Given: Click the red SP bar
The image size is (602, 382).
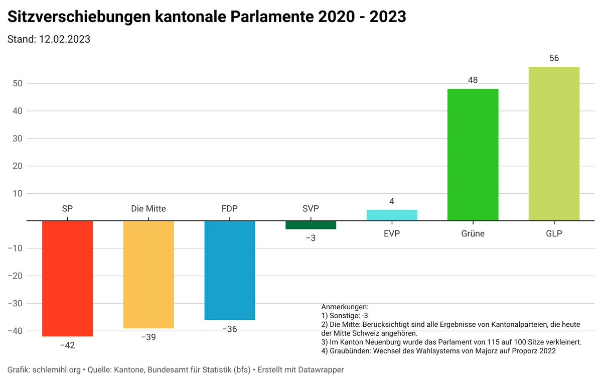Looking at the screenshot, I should pos(67,279).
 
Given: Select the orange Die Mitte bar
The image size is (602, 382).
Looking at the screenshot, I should pos(148,275).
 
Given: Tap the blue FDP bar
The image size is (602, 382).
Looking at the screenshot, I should pos(230,270).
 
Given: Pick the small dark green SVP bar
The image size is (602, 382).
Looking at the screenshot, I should pos(311,225).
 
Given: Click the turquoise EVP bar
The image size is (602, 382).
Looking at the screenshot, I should pos(392,215).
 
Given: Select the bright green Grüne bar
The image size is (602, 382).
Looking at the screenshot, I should pos(473,155).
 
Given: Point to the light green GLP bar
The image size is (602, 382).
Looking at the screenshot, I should pos(554,144).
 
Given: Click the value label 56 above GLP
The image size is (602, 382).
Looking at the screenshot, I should pos(554,58).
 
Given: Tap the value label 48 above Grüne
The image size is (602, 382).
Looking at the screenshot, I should pos(473,80).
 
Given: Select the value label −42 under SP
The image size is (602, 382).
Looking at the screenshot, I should pos(67,345).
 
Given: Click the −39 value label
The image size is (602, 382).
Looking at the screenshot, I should pos(148,337).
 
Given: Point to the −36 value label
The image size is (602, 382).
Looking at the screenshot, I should pos(230,329).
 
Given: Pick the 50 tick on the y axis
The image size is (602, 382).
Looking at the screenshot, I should pos(18,83).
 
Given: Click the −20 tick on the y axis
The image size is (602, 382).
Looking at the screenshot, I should pos(16,276).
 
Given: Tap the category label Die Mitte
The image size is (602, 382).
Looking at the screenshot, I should pos(148,209).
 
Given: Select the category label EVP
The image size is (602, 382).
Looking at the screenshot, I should pos(392,233).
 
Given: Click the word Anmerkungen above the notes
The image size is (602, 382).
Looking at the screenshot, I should pos(344,307).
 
